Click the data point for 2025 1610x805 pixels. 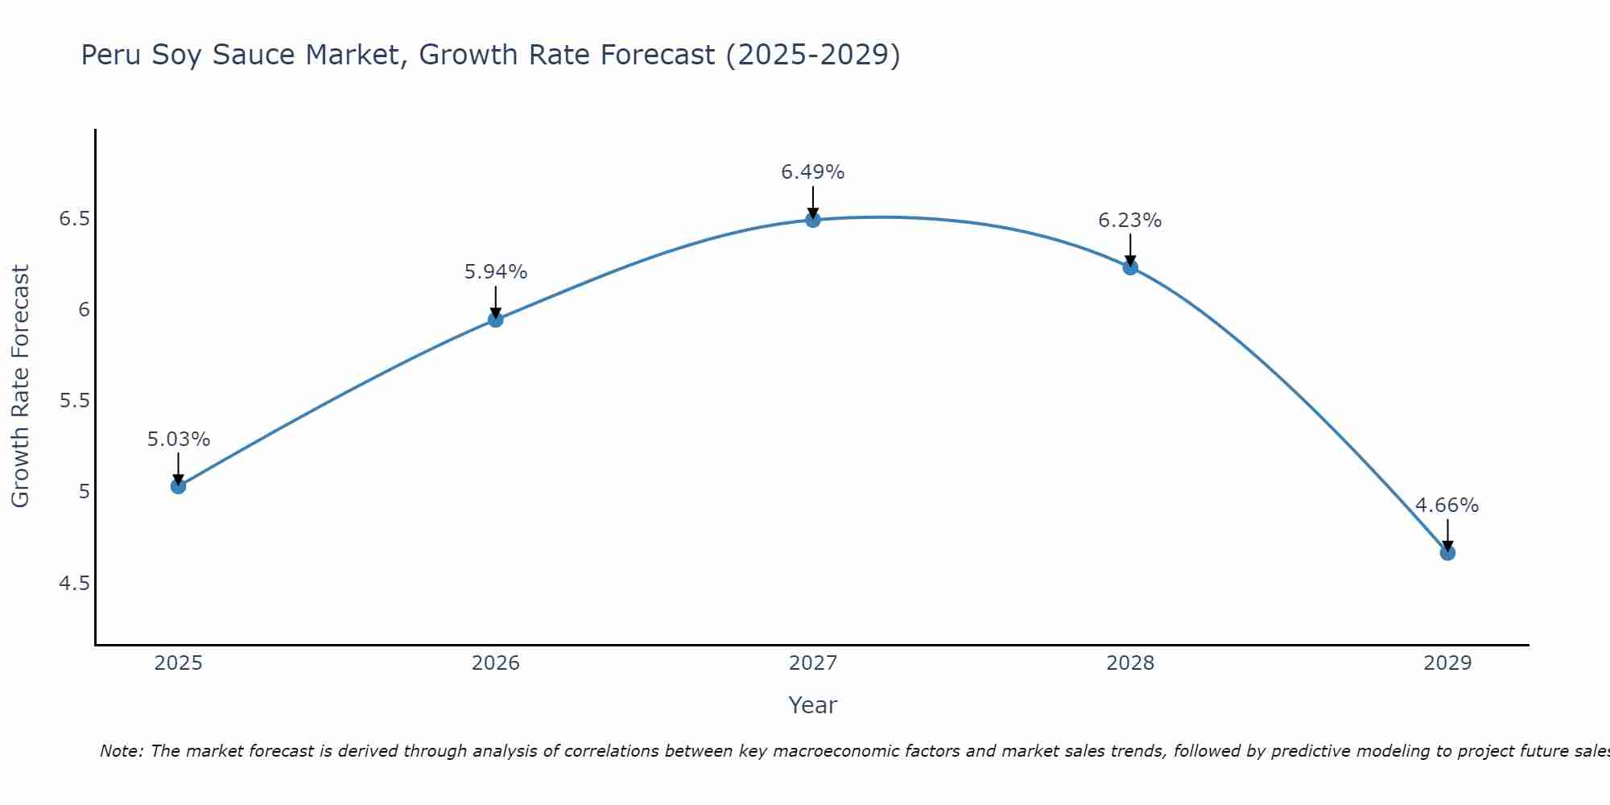point(178,485)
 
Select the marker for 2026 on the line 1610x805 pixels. point(495,320)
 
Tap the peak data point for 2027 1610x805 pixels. point(812,220)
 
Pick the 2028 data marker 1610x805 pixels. point(1129,267)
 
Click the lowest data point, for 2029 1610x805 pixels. point(1447,552)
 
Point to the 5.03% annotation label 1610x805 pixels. point(178,440)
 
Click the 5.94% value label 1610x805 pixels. point(495,272)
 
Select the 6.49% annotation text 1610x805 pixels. point(812,172)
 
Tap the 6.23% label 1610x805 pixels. point(1129,221)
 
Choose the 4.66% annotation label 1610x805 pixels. point(1447,506)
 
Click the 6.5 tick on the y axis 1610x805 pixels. point(74,219)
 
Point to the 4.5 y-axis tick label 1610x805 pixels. point(74,583)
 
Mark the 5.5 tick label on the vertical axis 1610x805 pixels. point(74,401)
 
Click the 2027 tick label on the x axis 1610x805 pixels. point(812,663)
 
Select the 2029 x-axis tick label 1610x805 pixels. point(1447,663)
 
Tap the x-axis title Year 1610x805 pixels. point(812,705)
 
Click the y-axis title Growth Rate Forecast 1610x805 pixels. point(20,386)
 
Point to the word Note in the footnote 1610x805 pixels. point(120,751)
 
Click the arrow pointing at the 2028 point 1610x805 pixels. point(1129,250)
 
